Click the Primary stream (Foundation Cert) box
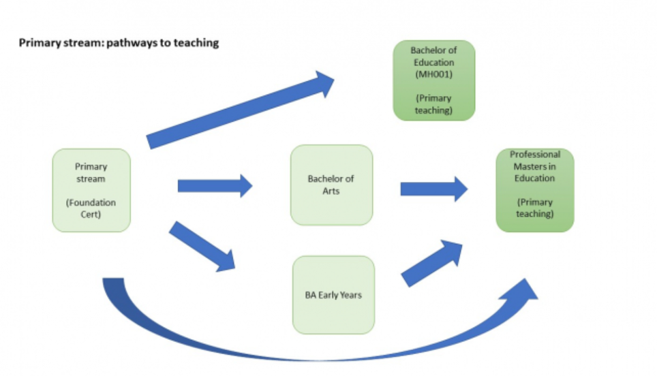pos(91,190)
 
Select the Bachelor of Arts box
pos(331,185)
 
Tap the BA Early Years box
pos(333,294)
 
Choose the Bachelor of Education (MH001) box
pos(433,80)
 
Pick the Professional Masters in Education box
pos(535,190)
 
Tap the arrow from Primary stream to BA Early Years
pos(202,246)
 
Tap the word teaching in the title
pos(198,43)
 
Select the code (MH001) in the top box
pos(433,75)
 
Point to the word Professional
pos(535,155)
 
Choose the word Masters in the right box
pos(528,166)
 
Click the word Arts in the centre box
pos(331,191)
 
